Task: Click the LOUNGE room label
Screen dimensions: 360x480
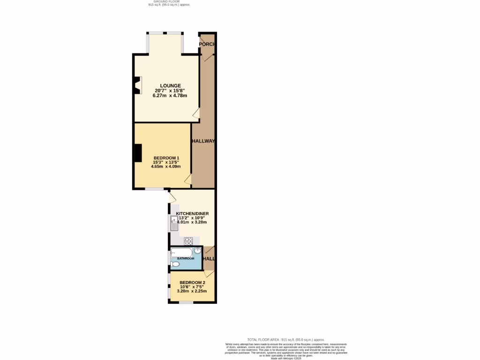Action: click(170, 85)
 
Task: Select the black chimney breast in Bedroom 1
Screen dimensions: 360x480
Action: click(138, 153)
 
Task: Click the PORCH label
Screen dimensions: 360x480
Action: click(207, 44)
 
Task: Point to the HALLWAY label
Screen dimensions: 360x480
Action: click(203, 141)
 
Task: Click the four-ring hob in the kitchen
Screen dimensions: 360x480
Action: click(188, 241)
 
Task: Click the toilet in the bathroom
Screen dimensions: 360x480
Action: click(175, 264)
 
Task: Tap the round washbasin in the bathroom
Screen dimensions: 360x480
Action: click(197, 251)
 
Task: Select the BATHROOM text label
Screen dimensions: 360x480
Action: click(186, 259)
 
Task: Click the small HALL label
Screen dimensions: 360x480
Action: click(209, 259)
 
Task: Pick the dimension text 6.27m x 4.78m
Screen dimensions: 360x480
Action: click(170, 96)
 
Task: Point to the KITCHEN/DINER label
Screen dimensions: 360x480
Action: click(192, 213)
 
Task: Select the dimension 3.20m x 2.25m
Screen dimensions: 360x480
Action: click(192, 291)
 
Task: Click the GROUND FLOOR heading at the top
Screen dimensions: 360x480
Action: click(169, 1)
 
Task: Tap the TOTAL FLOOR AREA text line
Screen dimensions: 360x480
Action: click(285, 339)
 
